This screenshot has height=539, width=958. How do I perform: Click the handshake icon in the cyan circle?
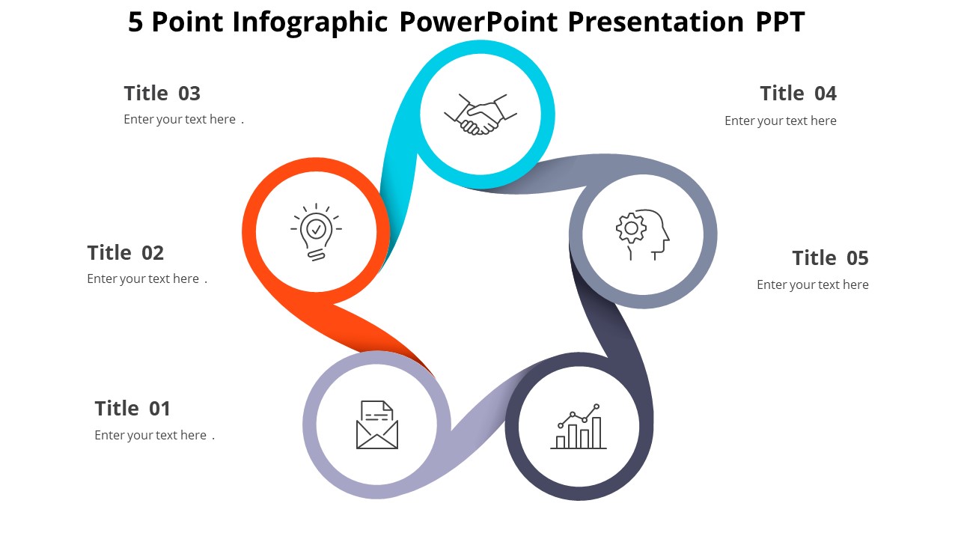tap(480, 115)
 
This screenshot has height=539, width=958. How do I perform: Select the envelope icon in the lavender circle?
tap(376, 424)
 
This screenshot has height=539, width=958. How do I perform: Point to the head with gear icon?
tap(642, 234)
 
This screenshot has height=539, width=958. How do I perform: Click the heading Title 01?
tap(132, 409)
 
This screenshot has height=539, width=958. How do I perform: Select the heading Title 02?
tap(125, 253)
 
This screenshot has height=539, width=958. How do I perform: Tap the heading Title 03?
tap(162, 94)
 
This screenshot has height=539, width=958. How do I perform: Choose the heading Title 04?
tap(798, 94)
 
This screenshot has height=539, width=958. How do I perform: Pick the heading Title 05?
tap(830, 258)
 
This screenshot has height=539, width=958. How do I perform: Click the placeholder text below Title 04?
tap(780, 121)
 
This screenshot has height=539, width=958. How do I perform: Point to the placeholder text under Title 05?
tap(812, 285)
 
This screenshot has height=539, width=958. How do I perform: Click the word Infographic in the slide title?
tap(310, 22)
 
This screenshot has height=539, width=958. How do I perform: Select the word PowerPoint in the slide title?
tap(478, 22)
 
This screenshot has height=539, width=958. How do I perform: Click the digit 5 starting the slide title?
tap(135, 22)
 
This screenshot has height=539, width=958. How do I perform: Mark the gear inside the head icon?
tap(631, 228)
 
